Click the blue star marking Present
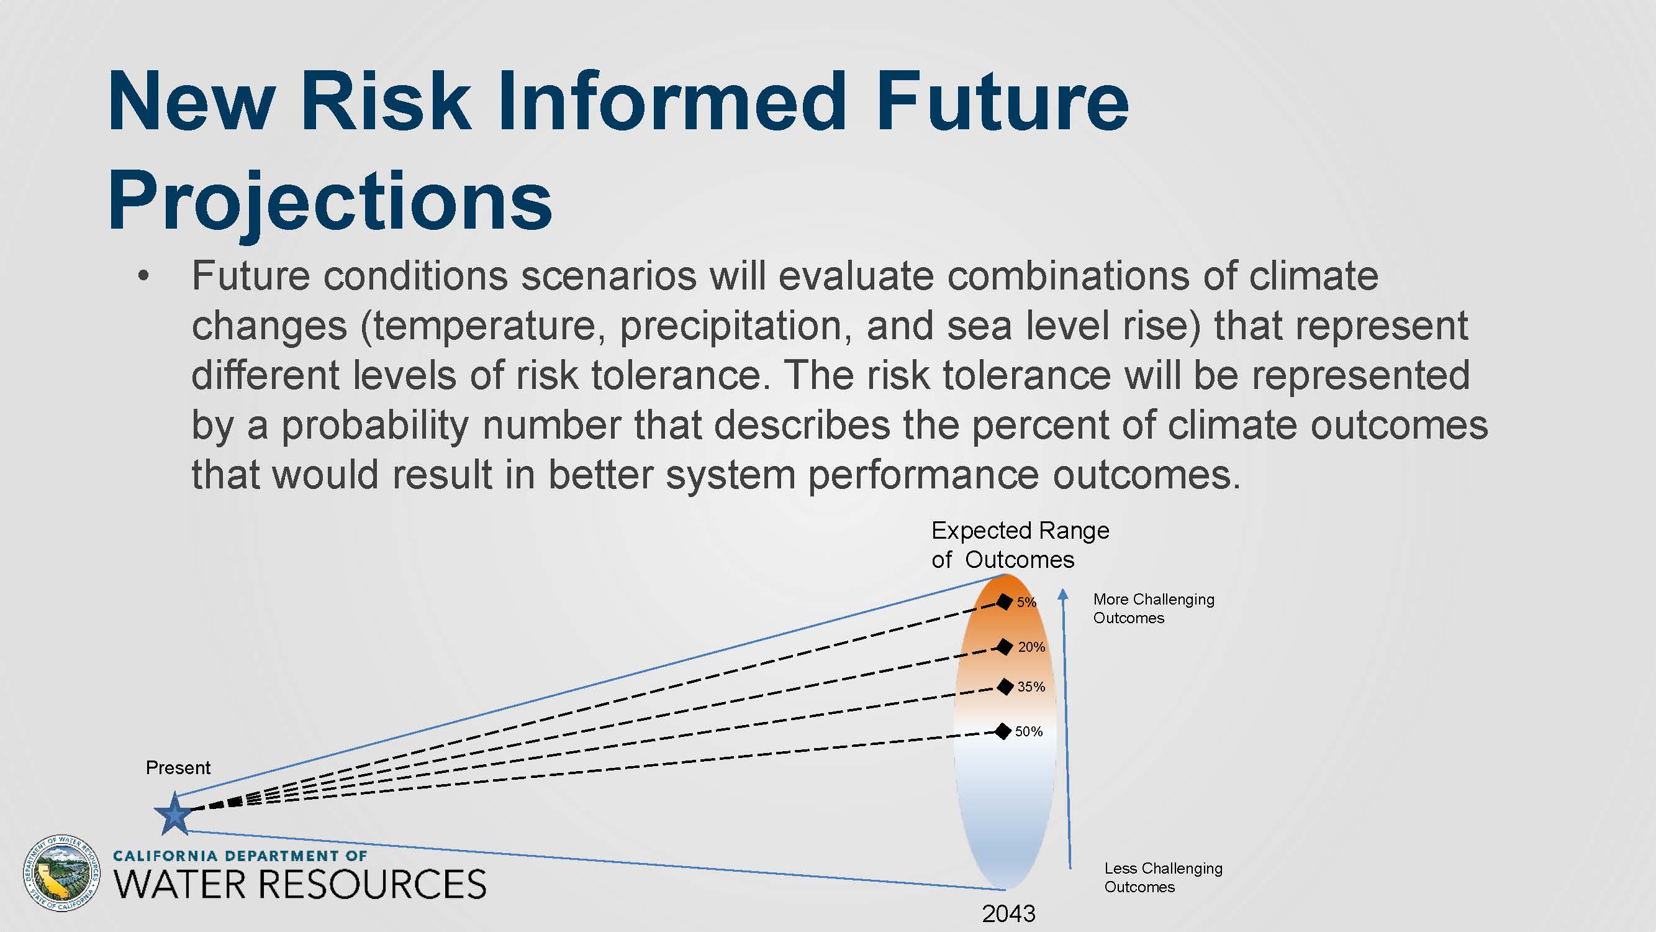(x=174, y=815)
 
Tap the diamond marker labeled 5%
(x=1004, y=601)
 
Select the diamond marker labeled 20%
(x=1004, y=646)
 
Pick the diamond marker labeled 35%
(x=1005, y=687)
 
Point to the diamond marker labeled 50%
(x=1002, y=731)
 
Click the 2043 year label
(x=1008, y=913)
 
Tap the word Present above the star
(x=178, y=767)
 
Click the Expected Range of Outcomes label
(x=1020, y=545)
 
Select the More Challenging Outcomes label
(x=1154, y=608)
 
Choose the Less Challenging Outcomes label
(x=1164, y=877)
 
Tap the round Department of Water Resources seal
(x=61, y=873)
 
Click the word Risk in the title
(x=385, y=101)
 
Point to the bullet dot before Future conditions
(x=143, y=276)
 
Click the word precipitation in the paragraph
(x=731, y=326)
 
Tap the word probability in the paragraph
(x=376, y=425)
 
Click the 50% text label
(x=1029, y=731)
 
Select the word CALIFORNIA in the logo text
(x=165, y=856)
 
